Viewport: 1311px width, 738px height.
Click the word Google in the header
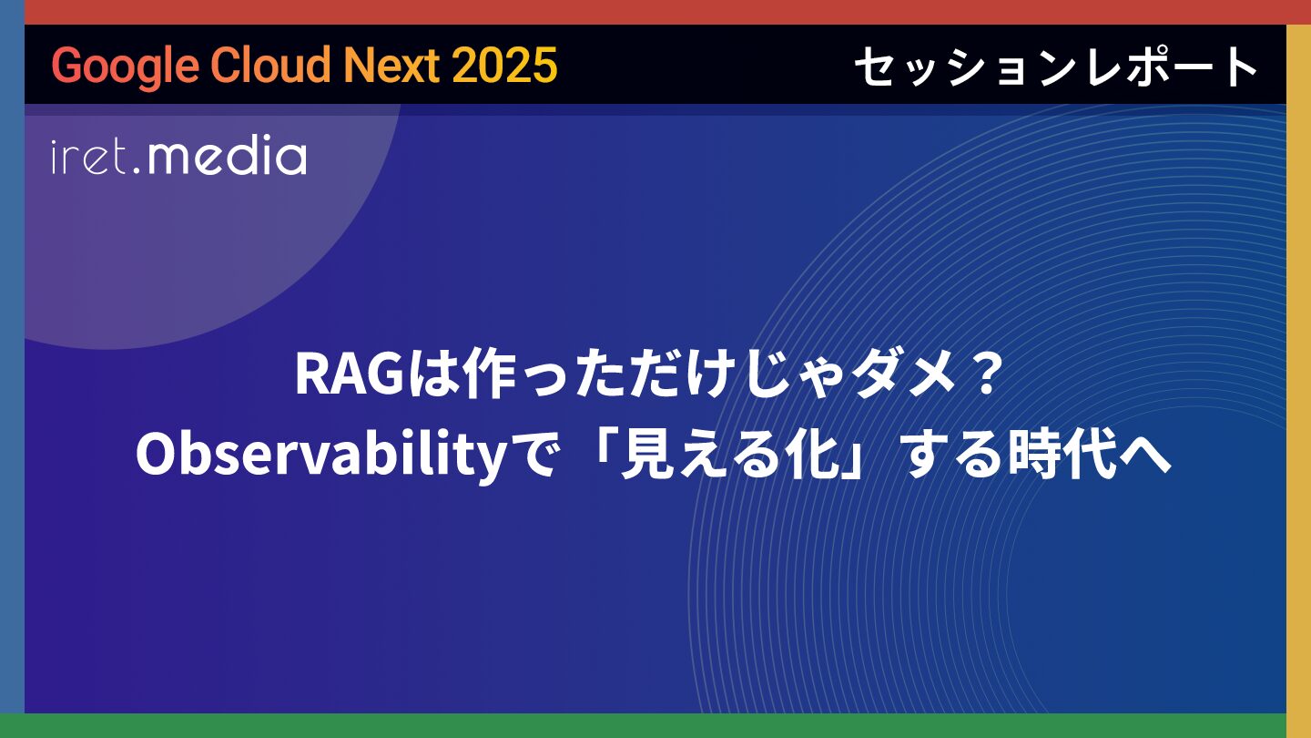[126, 66]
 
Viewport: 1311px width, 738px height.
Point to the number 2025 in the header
[504, 65]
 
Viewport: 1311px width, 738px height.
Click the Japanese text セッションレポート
[1056, 67]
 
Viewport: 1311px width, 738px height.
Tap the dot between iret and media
[137, 170]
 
